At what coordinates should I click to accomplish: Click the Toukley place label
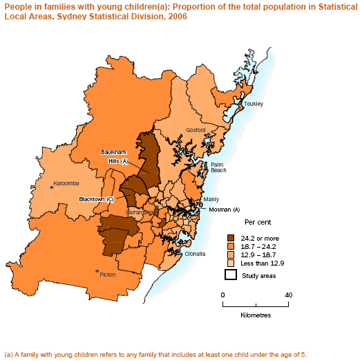click(253, 104)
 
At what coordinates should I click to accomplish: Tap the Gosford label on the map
click(196, 130)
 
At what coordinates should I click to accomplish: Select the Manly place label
click(211, 199)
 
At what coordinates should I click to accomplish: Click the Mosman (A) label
click(224, 209)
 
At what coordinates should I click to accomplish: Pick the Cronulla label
click(196, 254)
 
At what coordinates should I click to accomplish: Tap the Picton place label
click(108, 275)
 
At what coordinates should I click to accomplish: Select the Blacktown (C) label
click(96, 199)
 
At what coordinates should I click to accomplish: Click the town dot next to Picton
click(97, 271)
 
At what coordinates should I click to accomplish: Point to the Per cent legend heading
click(258, 223)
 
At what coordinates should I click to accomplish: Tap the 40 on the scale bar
click(289, 295)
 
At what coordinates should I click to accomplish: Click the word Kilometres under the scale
click(256, 315)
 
